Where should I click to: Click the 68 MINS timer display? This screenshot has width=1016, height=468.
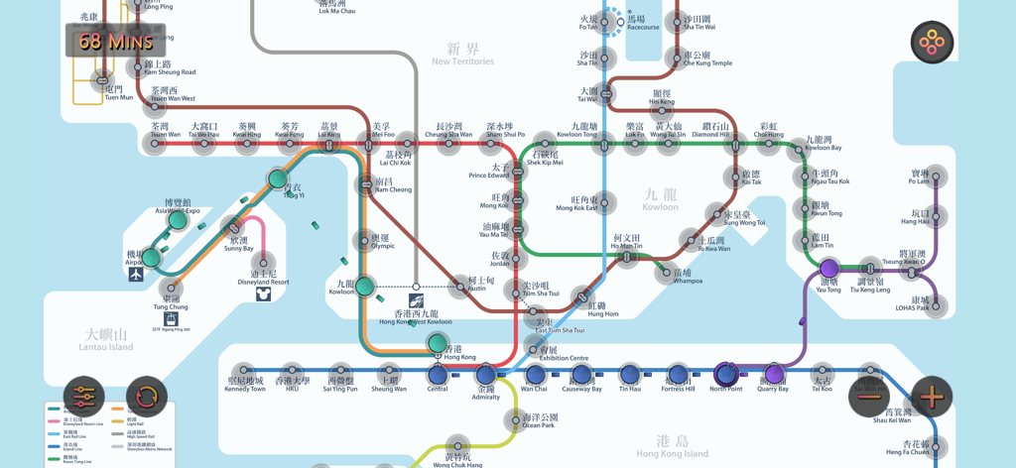pos(116,41)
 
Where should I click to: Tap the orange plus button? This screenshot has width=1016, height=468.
pos(932,397)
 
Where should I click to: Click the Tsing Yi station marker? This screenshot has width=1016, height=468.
pos(278,179)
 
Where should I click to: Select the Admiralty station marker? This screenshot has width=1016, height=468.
pos(485,375)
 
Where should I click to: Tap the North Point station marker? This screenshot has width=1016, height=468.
pos(726,375)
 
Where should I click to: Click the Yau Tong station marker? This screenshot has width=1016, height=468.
pos(829,269)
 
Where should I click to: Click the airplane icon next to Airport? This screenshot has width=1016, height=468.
pos(136,275)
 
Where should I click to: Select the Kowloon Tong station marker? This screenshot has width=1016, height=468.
pos(603,144)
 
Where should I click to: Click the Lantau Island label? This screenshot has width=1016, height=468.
pos(107,339)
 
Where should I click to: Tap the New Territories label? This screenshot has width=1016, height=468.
pos(462,55)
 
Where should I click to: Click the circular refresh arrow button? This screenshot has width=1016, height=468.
pos(147,398)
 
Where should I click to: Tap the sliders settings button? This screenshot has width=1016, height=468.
pos(84,398)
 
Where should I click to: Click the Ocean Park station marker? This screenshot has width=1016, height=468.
pos(514,420)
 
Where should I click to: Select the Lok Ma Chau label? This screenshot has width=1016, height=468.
pos(337,7)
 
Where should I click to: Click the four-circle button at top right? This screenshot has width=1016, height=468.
pos(932,43)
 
